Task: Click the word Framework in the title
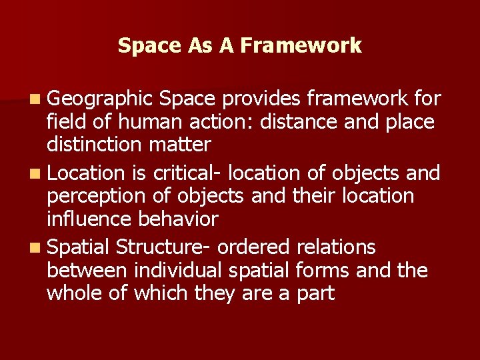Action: click(x=301, y=46)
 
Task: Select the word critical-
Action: click(x=187, y=173)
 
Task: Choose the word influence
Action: click(x=89, y=219)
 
